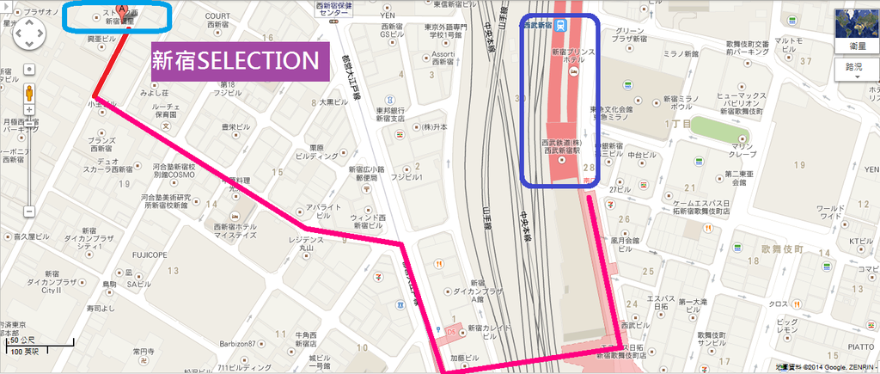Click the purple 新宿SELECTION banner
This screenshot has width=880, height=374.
(x=241, y=60)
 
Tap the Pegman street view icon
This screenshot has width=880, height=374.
(x=29, y=93)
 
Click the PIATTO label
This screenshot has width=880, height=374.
(x=861, y=346)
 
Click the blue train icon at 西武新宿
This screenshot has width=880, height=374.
(x=560, y=25)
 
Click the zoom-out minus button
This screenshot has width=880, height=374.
(x=29, y=211)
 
